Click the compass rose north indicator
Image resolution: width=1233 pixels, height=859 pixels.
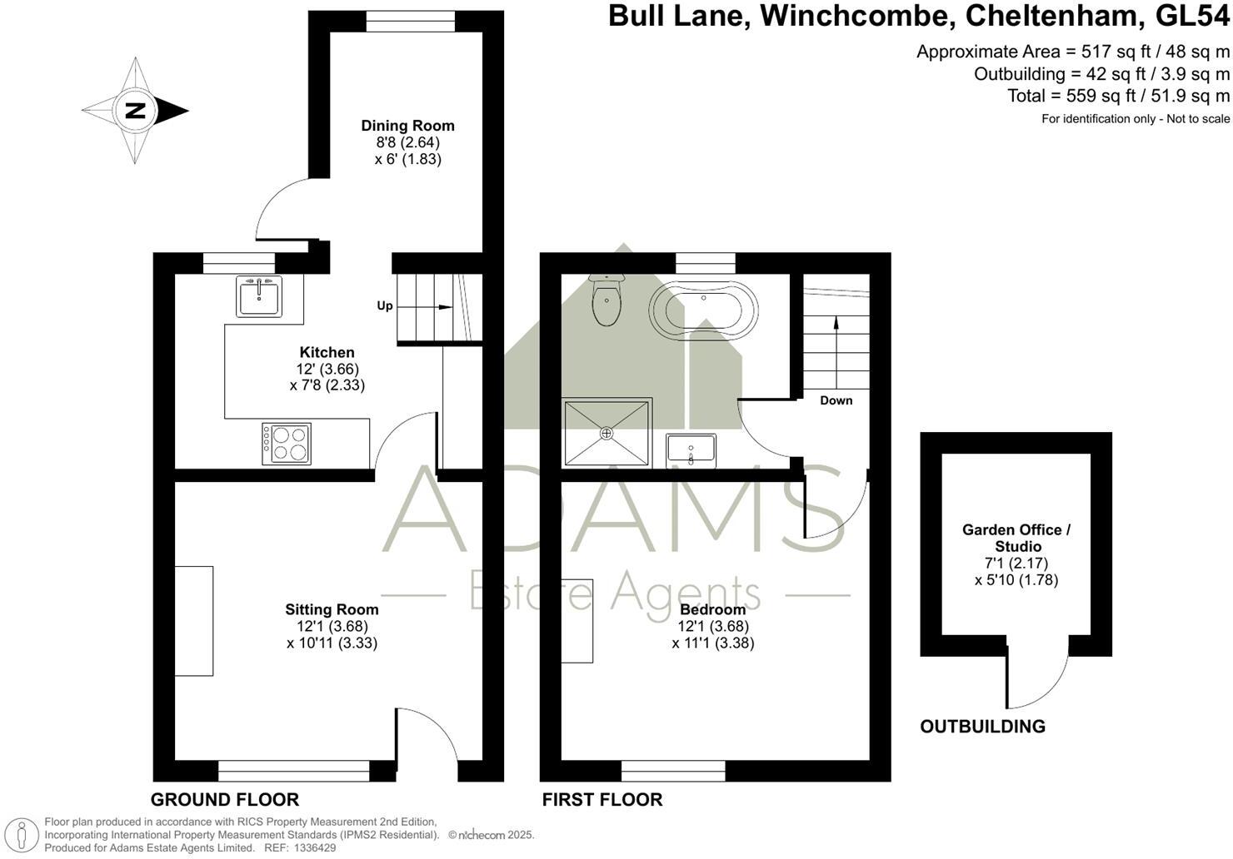coord(135,111)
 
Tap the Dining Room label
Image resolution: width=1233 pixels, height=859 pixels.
coord(407,126)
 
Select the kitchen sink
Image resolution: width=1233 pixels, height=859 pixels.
coord(259,296)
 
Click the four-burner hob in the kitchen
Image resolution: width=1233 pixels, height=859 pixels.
coord(287,443)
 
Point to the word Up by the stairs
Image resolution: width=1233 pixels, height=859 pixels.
coord(385,305)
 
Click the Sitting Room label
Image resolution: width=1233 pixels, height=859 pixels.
coord(332,609)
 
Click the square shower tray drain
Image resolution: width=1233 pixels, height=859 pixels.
coord(607,433)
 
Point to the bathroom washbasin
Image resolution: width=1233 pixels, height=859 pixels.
coord(691,449)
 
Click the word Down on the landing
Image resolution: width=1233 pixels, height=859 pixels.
coord(836,400)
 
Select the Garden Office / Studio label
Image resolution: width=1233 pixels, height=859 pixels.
coord(1016,538)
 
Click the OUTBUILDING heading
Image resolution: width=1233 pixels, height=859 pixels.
coord(982,726)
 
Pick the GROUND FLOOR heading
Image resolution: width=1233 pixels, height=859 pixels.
coord(224,799)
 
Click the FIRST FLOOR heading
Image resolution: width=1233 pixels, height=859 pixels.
coord(602,799)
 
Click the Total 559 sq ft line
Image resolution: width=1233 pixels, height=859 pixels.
coord(1118,96)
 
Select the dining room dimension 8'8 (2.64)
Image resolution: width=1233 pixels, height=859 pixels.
coord(407,142)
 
